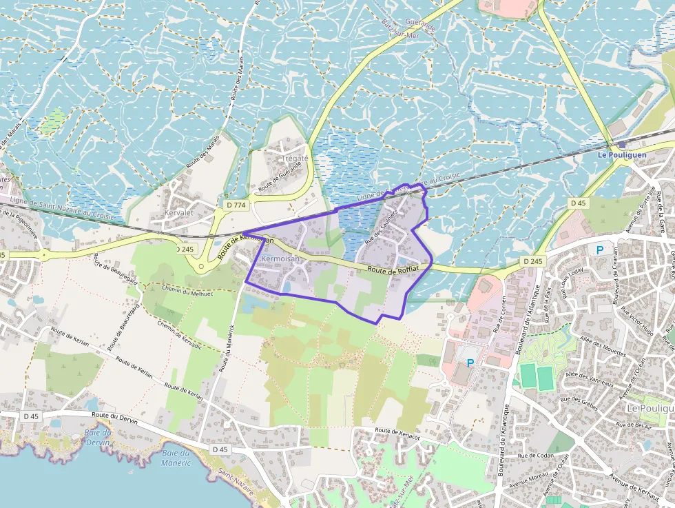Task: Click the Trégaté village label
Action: point(295,158)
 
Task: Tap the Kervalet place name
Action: point(179,213)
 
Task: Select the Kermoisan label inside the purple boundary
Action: point(280,258)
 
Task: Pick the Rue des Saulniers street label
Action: point(382,226)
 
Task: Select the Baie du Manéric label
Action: point(175,458)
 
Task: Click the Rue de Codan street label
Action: point(537,456)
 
